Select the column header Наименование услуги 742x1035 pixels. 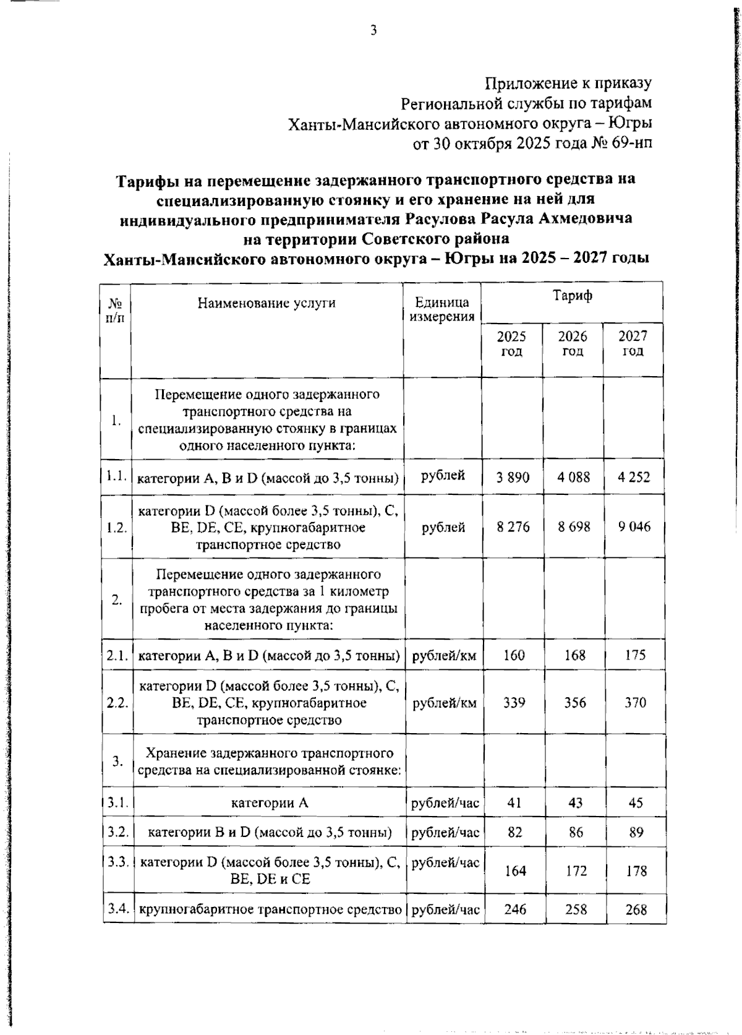pos(267,303)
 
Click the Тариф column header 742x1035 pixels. pos(572,296)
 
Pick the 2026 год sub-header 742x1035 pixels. pos(573,344)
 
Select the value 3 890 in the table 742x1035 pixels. pos(513,477)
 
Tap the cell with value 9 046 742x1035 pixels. pos(634,527)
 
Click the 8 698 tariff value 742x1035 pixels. pos(573,527)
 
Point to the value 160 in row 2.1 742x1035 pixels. pos(514,655)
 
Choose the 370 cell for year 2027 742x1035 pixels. pos(635,703)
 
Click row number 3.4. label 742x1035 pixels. pos(117,909)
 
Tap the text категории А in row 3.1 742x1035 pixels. pos(269,804)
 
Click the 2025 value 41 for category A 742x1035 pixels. pos(514,803)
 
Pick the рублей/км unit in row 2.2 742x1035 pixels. pos(444,703)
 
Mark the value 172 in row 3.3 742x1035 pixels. pos(574,871)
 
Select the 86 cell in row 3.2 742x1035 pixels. pos(575,833)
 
